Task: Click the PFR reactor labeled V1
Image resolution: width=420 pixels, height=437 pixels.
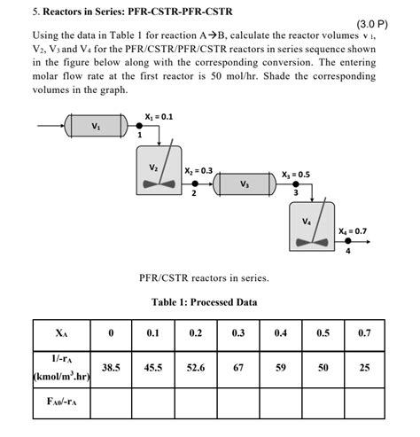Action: click(x=96, y=126)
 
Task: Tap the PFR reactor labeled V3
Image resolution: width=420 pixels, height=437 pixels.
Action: click(x=245, y=184)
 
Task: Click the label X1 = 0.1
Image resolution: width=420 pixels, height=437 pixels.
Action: click(x=159, y=115)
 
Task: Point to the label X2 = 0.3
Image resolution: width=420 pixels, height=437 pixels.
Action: click(x=198, y=169)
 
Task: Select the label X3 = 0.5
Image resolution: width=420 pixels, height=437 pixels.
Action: click(x=296, y=175)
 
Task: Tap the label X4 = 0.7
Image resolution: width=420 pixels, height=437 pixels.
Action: click(x=352, y=231)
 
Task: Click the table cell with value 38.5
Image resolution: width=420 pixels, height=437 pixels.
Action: click(x=111, y=367)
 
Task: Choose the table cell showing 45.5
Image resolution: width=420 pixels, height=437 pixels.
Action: click(x=153, y=367)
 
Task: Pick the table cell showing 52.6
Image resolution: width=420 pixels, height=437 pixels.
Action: click(x=196, y=367)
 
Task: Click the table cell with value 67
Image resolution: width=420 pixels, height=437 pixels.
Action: click(x=238, y=367)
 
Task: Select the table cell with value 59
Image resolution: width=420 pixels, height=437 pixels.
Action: click(x=281, y=367)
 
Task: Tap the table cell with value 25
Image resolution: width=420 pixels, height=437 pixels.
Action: click(x=365, y=367)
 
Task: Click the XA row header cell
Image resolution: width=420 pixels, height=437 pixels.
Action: click(x=60, y=333)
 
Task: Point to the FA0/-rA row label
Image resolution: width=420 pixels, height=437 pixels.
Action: click(x=60, y=401)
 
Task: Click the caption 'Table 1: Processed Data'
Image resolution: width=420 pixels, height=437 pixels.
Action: click(x=205, y=301)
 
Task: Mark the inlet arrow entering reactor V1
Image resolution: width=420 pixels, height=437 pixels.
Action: click(x=48, y=126)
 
